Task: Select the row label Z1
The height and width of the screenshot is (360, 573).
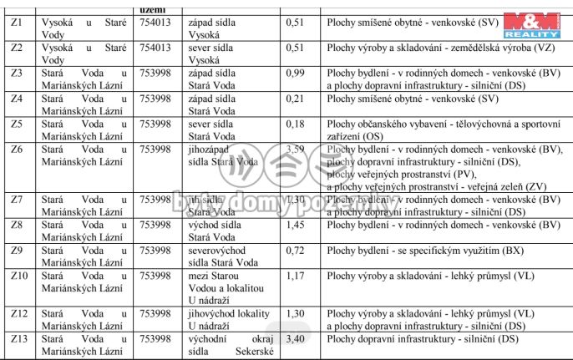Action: [17, 23]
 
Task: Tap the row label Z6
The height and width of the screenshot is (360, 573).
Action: [17, 150]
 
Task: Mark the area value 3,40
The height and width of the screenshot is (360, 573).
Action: [295, 339]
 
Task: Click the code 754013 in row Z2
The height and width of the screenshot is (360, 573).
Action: [155, 48]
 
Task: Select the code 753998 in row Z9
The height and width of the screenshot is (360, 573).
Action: [155, 250]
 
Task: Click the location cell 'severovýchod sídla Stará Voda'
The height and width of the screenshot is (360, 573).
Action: [217, 256]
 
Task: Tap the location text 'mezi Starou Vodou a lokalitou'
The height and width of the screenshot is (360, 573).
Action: [220, 281]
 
